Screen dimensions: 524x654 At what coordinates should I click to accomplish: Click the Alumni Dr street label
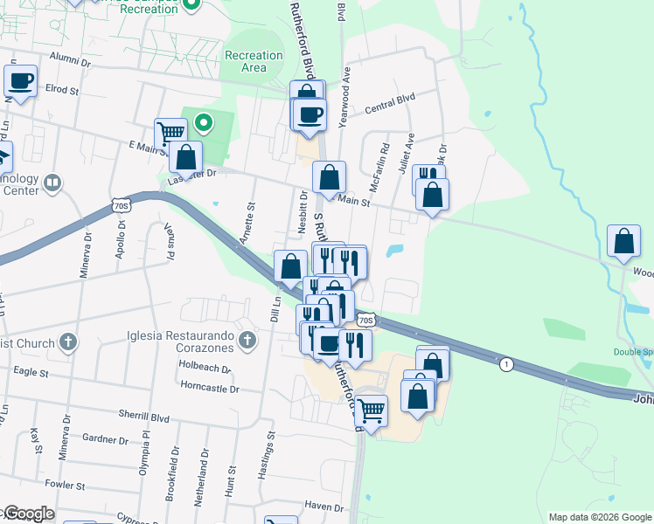pyautogui.click(x=70, y=62)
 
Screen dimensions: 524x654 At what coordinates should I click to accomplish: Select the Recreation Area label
pyautogui.click(x=254, y=61)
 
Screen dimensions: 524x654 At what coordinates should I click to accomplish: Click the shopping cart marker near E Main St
pyautogui.click(x=170, y=134)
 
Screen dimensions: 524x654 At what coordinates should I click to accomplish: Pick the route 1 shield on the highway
pyautogui.click(x=505, y=363)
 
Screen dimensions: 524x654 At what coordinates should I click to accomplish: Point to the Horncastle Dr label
pyautogui.click(x=209, y=385)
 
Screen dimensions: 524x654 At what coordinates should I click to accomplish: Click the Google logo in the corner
pyautogui.click(x=29, y=514)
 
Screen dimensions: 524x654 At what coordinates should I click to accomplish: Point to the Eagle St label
pyautogui.click(x=31, y=372)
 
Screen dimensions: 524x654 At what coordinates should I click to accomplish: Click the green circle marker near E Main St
pyautogui.click(x=203, y=123)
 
